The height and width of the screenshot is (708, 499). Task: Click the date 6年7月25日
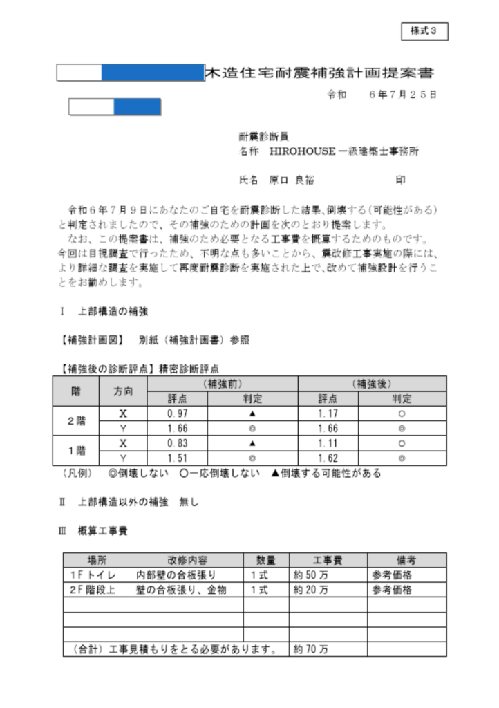pyautogui.click(x=403, y=95)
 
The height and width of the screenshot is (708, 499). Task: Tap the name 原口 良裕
pyautogui.click(x=290, y=180)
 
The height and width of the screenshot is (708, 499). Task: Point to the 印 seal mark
pyautogui.click(x=400, y=180)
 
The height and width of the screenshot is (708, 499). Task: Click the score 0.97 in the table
pyautogui.click(x=178, y=413)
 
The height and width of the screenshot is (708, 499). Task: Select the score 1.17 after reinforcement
pyautogui.click(x=328, y=413)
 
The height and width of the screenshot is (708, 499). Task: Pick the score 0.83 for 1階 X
pyautogui.click(x=178, y=443)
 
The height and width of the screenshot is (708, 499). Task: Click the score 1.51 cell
pyautogui.click(x=178, y=458)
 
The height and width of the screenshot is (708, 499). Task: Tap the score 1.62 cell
pyautogui.click(x=328, y=458)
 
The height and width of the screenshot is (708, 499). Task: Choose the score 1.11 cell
pyautogui.click(x=328, y=443)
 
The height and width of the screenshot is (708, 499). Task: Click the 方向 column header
pyautogui.click(x=124, y=391)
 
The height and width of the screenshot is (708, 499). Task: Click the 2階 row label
pyautogui.click(x=77, y=420)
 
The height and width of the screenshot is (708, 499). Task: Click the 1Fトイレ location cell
pyautogui.click(x=93, y=575)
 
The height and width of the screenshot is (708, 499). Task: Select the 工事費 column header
pyautogui.click(x=328, y=560)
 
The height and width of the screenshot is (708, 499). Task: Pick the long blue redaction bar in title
pyautogui.click(x=152, y=72)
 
